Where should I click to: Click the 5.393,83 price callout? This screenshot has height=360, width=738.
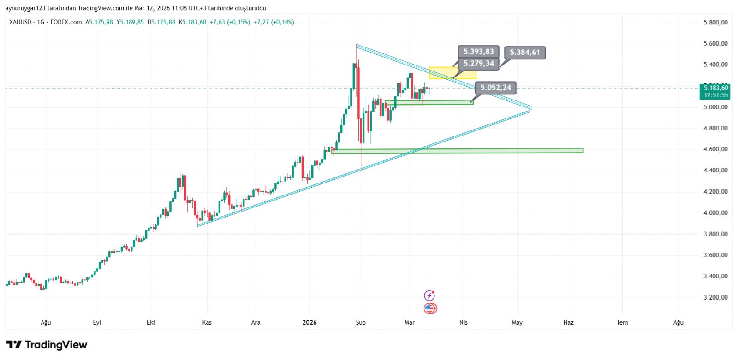tap(478, 52)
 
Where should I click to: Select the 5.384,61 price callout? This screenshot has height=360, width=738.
tap(524, 53)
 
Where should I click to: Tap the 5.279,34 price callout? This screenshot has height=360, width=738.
tap(478, 64)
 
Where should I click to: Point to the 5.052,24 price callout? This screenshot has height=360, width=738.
tap(495, 88)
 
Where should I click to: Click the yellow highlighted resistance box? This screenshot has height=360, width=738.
tap(452, 73)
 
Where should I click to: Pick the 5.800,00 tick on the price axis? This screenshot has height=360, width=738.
tap(715, 22)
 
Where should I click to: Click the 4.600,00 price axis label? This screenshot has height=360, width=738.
tap(715, 149)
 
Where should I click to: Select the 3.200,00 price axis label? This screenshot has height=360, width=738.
tap(715, 297)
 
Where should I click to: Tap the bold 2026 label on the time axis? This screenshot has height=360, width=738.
tap(309, 322)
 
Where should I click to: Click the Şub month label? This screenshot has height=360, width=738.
tap(361, 322)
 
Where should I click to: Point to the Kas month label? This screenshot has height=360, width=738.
tap(207, 322)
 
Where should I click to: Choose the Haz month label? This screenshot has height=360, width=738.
tap(568, 322)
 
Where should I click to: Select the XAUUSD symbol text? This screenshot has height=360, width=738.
tap(20, 22)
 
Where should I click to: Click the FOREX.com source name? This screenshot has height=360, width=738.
tap(66, 22)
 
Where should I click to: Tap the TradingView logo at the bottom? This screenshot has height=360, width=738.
tap(47, 345)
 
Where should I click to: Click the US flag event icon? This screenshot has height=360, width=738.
tap(430, 308)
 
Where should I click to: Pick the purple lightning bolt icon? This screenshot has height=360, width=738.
tap(429, 295)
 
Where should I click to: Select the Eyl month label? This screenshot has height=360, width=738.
tap(97, 322)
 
